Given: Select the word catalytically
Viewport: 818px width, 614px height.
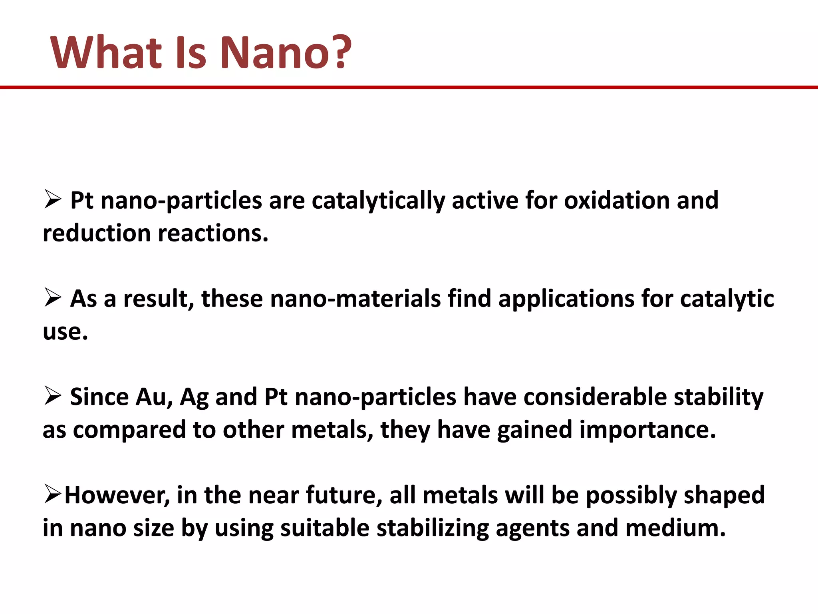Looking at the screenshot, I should point(378,200).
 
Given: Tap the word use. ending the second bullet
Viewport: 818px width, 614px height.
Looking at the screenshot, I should point(65,332).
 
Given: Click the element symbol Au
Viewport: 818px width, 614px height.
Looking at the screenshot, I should point(154,397).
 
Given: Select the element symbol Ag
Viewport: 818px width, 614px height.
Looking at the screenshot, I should point(194,398).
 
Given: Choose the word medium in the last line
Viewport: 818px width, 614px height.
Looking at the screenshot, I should point(675,528).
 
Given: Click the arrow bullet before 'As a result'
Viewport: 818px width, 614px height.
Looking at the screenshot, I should point(52,298).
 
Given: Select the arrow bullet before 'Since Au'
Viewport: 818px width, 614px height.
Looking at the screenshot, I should point(52,396).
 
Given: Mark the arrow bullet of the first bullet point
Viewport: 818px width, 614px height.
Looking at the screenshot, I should point(52,199).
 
